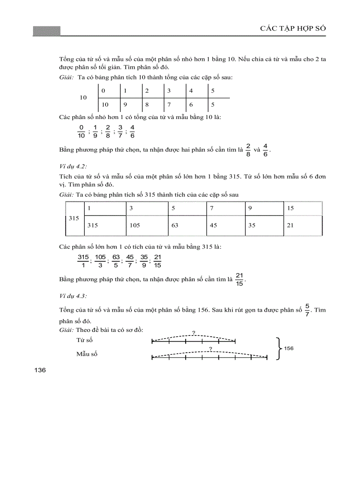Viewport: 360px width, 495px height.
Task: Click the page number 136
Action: click(40, 370)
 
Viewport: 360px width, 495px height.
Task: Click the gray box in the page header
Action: click(46, 31)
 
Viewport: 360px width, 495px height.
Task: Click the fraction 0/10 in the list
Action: click(81, 131)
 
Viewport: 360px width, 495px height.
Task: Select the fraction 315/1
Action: click(83, 261)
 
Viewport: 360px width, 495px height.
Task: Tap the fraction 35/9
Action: click(143, 261)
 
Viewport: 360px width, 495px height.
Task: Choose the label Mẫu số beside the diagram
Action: click(86, 354)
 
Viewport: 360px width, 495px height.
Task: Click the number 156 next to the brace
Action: click(289, 348)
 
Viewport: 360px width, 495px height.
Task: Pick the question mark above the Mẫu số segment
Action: click(211, 349)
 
